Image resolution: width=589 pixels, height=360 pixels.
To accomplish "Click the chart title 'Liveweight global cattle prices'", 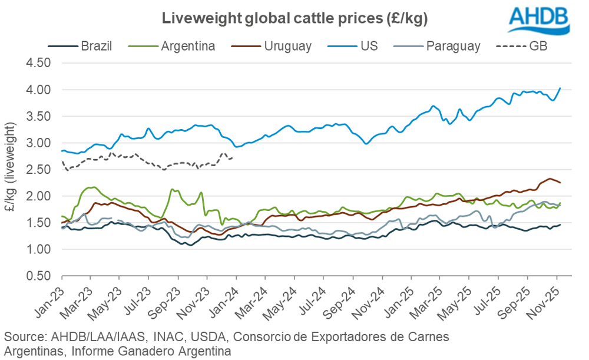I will [x=294, y=18].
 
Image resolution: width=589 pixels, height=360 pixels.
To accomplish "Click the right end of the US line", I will [x=560, y=88].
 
